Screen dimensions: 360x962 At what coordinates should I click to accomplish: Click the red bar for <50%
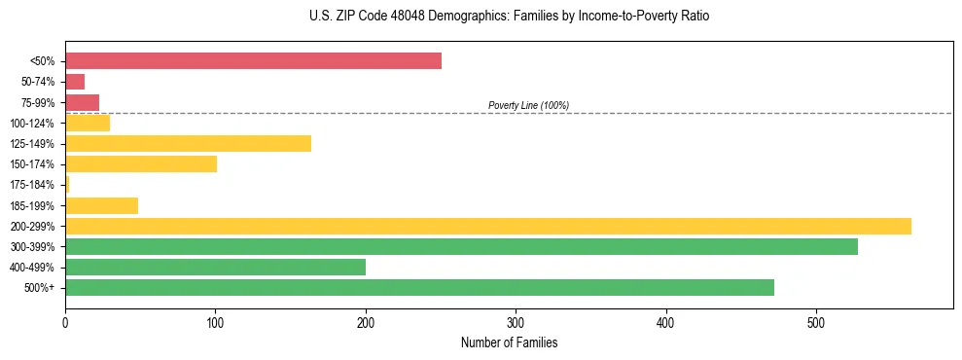[253, 61]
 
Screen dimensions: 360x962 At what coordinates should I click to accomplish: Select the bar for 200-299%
[487, 226]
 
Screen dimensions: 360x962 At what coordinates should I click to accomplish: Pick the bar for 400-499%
[215, 267]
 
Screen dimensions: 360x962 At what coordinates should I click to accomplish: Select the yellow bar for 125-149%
[188, 143]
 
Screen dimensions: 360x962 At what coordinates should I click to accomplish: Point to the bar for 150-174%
[141, 163]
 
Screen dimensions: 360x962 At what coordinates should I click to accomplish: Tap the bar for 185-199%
[101, 205]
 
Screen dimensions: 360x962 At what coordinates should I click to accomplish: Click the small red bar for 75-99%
[82, 102]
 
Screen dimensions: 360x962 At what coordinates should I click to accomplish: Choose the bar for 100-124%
[88, 123]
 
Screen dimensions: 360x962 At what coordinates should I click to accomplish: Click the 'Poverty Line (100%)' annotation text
[528, 105]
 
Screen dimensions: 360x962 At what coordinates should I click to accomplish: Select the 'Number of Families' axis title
[509, 342]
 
